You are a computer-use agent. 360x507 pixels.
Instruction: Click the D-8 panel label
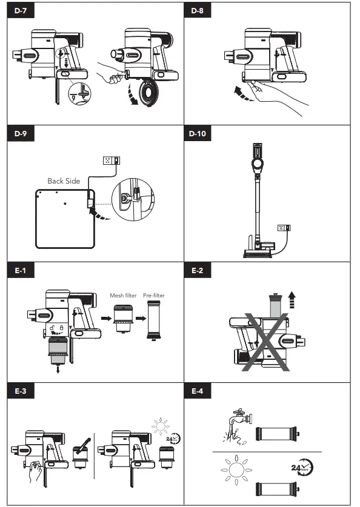[197, 12]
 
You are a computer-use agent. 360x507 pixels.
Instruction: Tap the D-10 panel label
[198, 133]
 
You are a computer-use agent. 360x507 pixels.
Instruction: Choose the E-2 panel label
[197, 271]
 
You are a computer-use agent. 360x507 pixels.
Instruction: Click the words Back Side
[64, 181]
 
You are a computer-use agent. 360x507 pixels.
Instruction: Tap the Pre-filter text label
[153, 296]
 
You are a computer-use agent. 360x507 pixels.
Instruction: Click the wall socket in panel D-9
[112, 160]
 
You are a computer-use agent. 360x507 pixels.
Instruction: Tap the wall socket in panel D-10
[283, 228]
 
